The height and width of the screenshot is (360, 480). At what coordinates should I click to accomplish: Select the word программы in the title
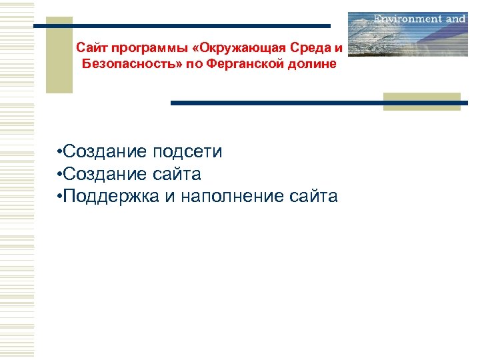[136, 49]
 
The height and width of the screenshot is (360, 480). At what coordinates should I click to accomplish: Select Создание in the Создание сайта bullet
[103, 174]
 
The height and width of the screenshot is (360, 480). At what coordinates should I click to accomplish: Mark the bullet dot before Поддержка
[60, 197]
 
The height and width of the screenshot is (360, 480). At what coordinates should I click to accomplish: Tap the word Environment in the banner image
[407, 19]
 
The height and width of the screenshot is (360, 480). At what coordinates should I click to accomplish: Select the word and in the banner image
[455, 19]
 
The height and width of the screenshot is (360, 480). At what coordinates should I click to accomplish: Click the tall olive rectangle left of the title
[59, 55]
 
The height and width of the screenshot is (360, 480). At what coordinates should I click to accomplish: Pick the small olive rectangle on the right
[422, 101]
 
